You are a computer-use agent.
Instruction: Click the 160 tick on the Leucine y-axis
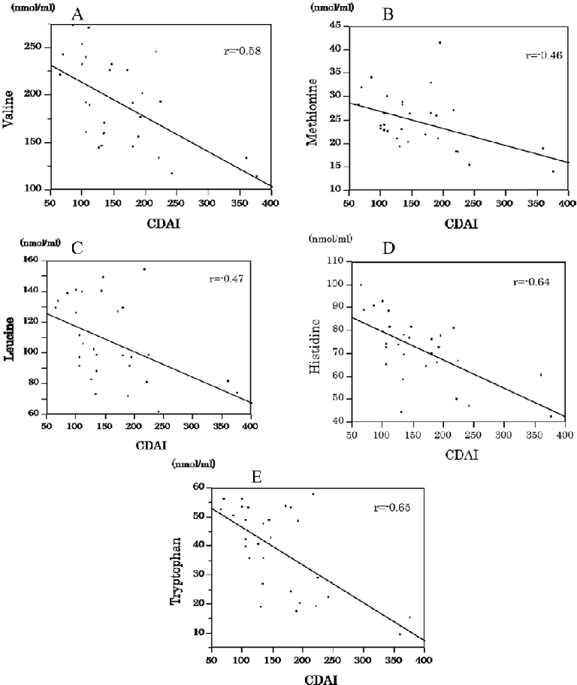pos(33,260)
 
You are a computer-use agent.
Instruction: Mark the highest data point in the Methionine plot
pos(440,43)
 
